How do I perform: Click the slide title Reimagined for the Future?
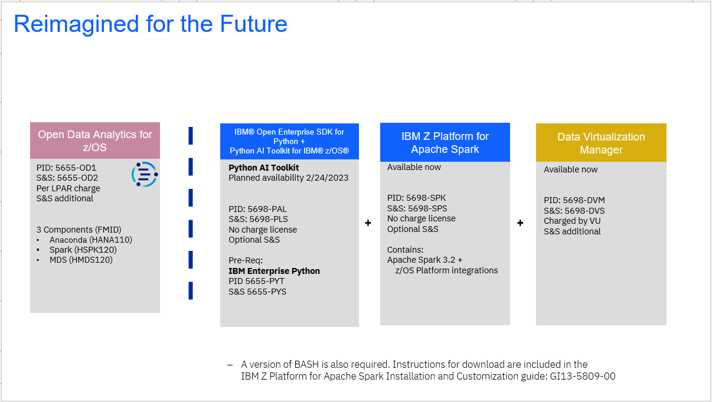pos(150,24)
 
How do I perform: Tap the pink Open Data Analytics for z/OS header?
pos(95,141)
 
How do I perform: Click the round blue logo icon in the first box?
pos(145,174)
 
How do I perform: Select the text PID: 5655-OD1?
pos(66,168)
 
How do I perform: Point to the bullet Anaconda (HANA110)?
pos(90,240)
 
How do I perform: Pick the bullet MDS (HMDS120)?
pos(81,260)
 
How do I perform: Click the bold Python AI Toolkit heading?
pos(263,168)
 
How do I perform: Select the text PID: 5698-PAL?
pos(257,209)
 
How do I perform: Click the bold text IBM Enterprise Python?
pos(274,271)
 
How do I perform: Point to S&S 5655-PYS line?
pos(257,291)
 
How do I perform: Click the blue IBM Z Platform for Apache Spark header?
pos(445,142)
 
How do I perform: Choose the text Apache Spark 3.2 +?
pos(425,260)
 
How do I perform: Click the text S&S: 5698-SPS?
pos(417,208)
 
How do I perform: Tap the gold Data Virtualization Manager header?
pos(600,143)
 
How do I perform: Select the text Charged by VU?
pos(573,221)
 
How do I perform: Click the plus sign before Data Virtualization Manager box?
pos(520,223)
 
